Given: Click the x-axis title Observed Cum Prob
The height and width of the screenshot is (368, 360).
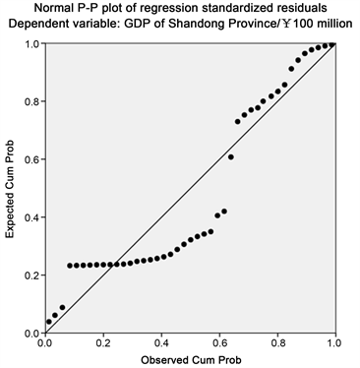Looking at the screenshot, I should pos(190,359).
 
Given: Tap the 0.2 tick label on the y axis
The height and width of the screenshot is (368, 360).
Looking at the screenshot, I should pos(30,276).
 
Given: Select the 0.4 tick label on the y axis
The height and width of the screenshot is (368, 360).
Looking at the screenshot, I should pos(30,217).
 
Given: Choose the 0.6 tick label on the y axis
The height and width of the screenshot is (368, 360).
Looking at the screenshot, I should pos(30,159).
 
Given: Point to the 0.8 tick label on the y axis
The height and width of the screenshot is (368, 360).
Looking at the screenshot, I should pos(30,101).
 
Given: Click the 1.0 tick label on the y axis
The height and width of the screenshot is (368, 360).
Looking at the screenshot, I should pos(30,44).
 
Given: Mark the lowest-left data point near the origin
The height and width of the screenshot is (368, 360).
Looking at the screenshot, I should pos(48,322).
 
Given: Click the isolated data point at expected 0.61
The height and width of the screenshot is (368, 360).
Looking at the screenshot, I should pos(231,156).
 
